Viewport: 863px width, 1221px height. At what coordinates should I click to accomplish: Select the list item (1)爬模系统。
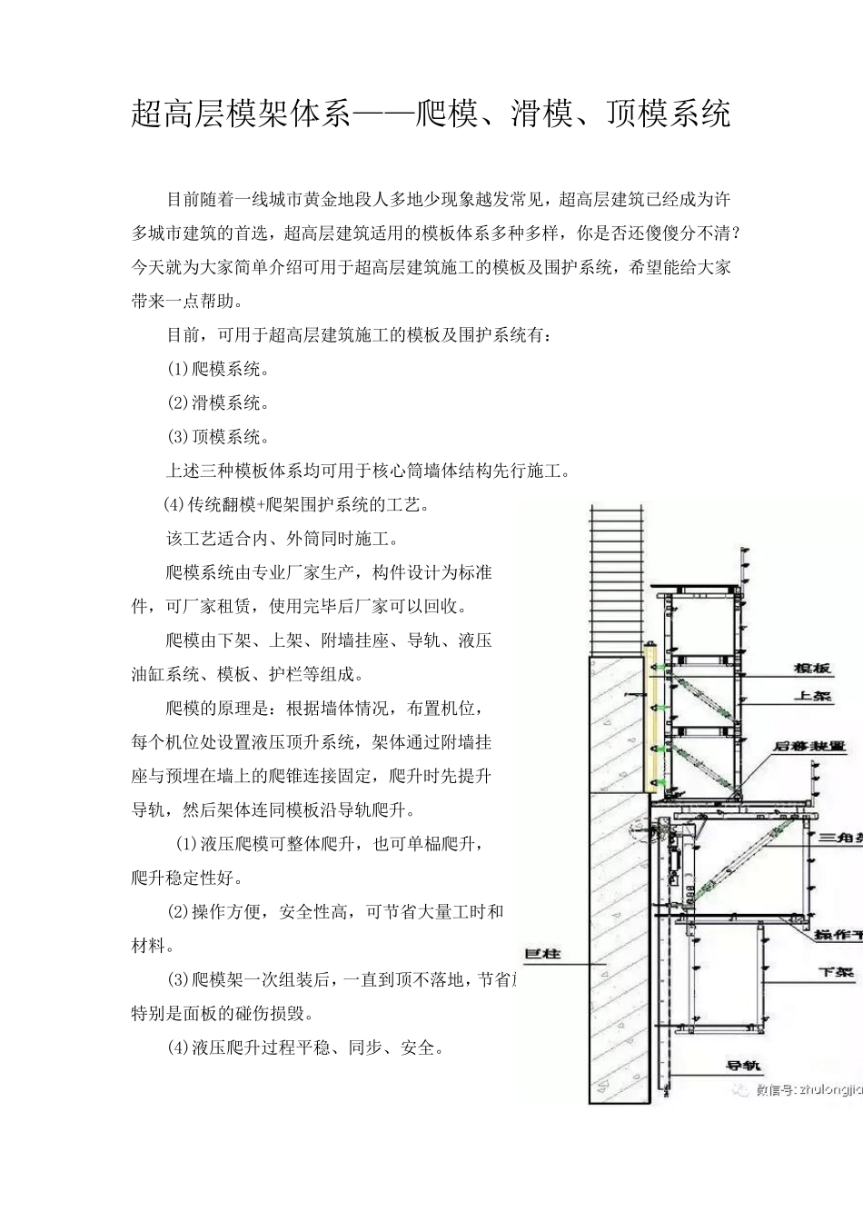point(218,369)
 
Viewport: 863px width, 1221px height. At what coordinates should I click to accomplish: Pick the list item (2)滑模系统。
point(218,402)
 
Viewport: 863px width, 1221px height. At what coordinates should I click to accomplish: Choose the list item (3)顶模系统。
point(218,437)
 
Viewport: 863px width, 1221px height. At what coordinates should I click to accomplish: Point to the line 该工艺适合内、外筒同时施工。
point(283,538)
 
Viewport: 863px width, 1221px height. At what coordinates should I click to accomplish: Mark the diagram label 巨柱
point(543,954)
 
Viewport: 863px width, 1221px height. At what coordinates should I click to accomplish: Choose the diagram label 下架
point(837,972)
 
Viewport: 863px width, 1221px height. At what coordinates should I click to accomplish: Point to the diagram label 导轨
point(742,1066)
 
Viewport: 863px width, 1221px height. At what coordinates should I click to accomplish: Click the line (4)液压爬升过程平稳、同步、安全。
point(305,1047)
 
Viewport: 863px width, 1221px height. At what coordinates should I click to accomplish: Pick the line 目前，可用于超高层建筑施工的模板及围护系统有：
point(359,334)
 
